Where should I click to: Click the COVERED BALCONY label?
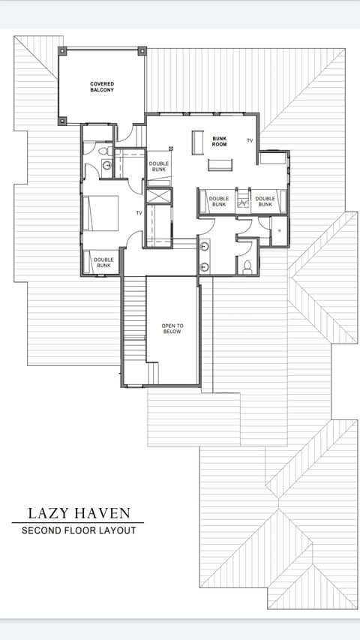102,86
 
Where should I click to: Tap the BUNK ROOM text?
219,141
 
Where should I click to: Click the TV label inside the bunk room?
250,140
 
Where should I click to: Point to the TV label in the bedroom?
139,213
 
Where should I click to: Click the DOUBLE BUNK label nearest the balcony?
158,167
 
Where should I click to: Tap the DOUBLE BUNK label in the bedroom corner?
103,263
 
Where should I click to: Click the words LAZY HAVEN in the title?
79,513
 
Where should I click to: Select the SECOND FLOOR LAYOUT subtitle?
79,530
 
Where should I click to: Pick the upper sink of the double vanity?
204,246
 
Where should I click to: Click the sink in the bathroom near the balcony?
106,165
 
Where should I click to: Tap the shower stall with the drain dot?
278,230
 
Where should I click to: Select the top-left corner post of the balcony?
62,51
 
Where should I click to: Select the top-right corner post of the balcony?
142,51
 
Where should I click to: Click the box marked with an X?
158,197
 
